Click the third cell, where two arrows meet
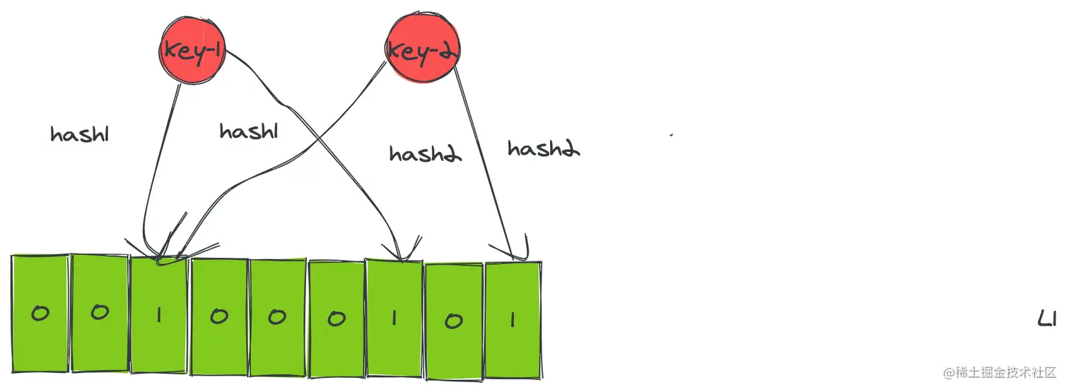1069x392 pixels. (159, 314)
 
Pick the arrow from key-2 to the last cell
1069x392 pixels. (488, 162)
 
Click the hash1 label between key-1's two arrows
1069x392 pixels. (247, 131)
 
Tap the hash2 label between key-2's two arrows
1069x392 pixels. (425, 153)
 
